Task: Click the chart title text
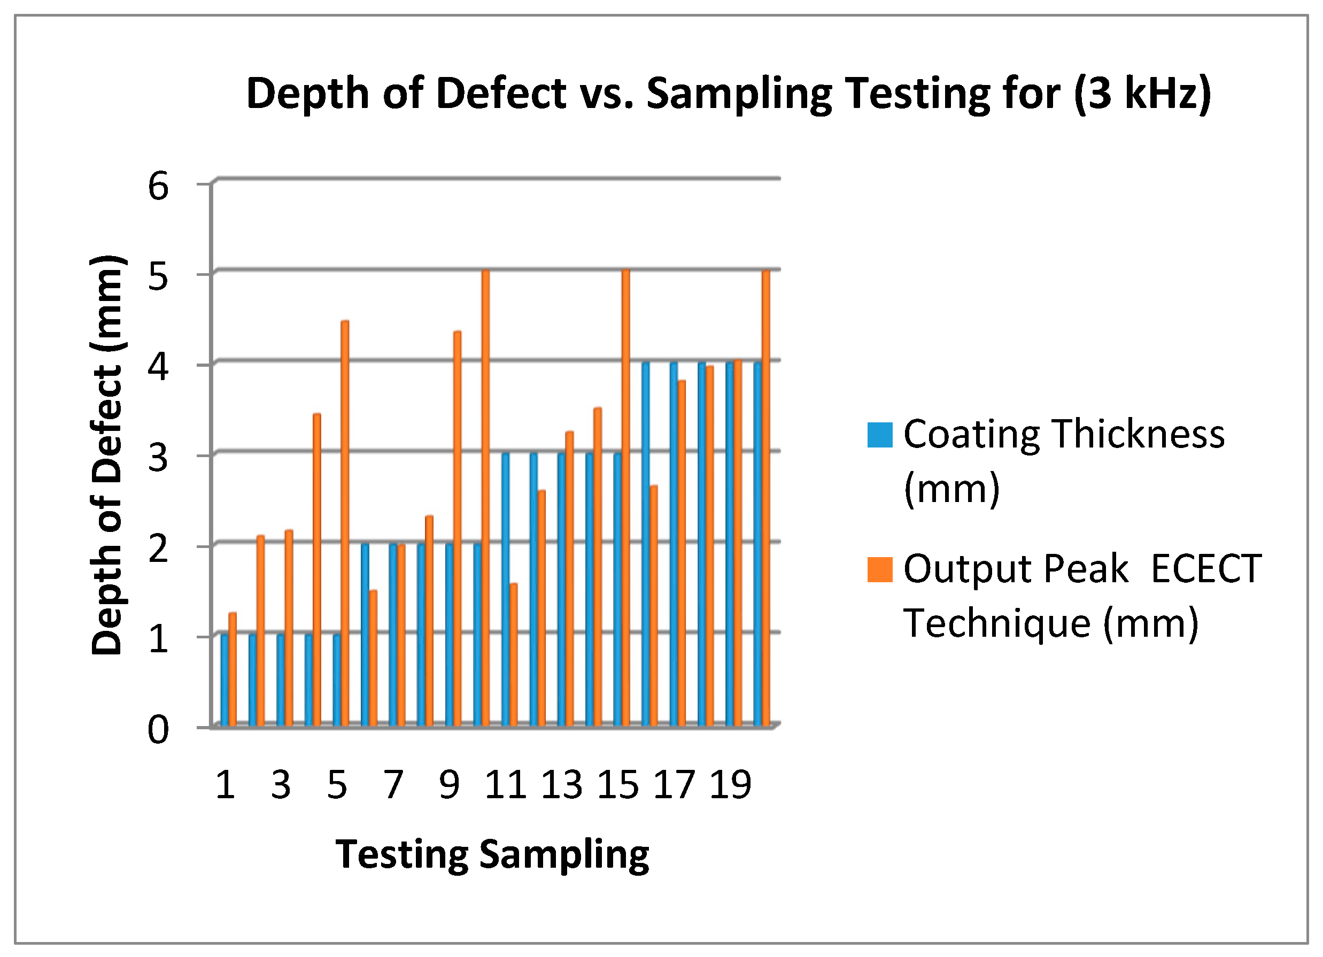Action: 728,94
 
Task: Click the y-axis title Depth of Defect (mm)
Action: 107,456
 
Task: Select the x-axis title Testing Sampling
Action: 492,855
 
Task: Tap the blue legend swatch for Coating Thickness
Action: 880,435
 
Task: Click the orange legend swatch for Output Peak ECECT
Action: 880,570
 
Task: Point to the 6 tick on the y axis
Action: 158,187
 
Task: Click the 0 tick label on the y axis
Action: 158,730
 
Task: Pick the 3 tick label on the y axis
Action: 158,459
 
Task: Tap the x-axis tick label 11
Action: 505,785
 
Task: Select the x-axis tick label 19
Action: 730,785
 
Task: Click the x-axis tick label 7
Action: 393,785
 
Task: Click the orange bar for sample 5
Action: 345,525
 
